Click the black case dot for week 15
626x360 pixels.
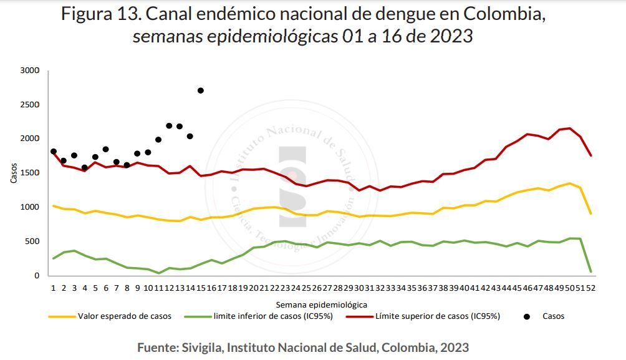click(x=200, y=90)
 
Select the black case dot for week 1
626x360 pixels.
click(x=54, y=152)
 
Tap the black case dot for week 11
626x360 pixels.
click(x=158, y=140)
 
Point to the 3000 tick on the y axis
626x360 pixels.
click(x=30, y=71)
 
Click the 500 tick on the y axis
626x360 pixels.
click(x=32, y=241)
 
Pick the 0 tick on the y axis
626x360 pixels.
click(x=36, y=276)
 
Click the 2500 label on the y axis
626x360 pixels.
click(x=30, y=105)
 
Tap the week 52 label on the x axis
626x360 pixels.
click(x=590, y=288)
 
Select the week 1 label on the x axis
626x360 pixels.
click(x=54, y=288)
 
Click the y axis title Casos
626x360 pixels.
click(x=14, y=173)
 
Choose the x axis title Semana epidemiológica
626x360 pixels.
click(x=321, y=304)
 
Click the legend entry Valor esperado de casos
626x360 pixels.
click(x=125, y=316)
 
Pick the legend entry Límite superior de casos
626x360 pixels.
click(x=437, y=316)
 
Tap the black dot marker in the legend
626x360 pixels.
click(x=527, y=316)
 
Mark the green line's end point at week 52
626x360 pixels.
click(x=590, y=271)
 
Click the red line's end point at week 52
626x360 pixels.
click(x=590, y=155)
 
